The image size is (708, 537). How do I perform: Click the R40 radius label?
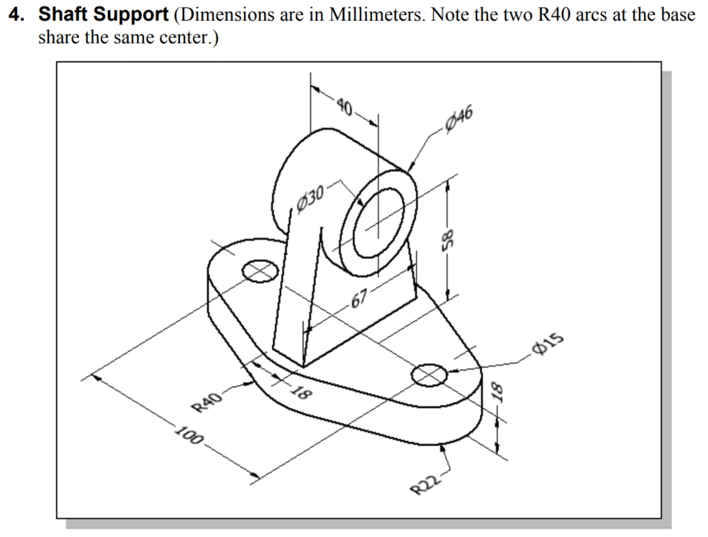point(207,402)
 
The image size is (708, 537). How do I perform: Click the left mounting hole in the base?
point(260,271)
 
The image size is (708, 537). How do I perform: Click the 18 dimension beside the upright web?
point(301,394)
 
